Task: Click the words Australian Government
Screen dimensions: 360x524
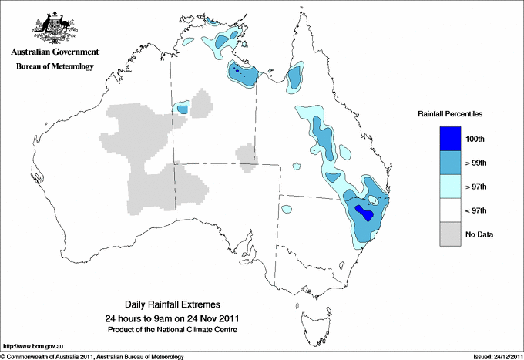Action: (x=54, y=52)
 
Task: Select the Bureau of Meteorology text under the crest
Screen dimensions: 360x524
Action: (x=54, y=67)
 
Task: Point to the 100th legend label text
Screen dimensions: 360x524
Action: (x=475, y=139)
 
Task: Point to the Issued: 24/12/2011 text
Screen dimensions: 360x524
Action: (x=493, y=356)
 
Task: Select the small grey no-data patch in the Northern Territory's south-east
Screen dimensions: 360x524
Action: (x=247, y=153)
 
